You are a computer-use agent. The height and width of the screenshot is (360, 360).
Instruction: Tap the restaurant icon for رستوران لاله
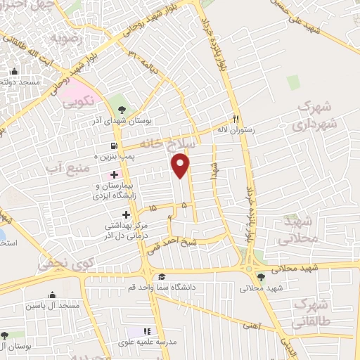(x=236, y=119)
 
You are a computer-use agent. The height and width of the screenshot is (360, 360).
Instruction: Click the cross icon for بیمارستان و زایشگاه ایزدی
(x=115, y=174)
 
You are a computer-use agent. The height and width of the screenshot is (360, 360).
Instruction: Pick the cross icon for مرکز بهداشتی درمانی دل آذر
(x=127, y=214)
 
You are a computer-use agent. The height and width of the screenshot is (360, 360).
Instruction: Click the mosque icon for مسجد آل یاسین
(x=52, y=295)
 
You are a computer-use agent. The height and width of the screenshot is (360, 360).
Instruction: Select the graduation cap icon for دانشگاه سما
(x=161, y=276)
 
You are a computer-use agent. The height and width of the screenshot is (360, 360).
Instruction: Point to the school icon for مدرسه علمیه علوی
(x=147, y=331)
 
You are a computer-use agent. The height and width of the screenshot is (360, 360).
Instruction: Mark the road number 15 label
(x=153, y=208)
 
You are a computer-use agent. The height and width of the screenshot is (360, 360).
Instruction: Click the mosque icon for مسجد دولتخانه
(x=14, y=71)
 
